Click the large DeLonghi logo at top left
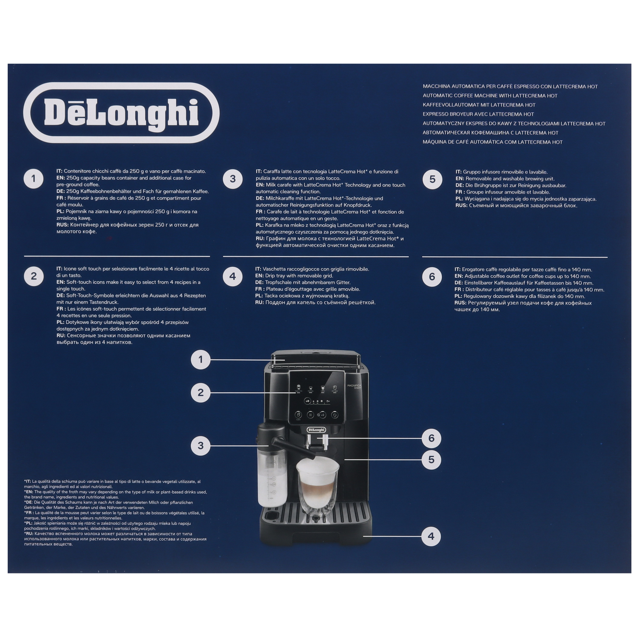pos(121,113)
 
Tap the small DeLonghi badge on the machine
pos(316,430)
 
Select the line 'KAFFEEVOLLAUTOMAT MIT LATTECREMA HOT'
pos(479,105)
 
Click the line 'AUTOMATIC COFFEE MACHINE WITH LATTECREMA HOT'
pos(490,96)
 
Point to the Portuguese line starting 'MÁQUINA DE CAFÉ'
pos(492,142)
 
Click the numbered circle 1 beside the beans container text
pos(34,179)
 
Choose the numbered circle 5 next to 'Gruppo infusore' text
pos(432,179)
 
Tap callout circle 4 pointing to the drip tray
pos(431,536)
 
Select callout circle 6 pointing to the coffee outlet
pos(431,438)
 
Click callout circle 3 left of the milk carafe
pos(200,445)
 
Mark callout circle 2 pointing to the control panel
pos(200,393)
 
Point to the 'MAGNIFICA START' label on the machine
pos(354,386)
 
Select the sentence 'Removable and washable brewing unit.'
pos(510,179)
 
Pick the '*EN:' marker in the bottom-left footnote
pos(29,492)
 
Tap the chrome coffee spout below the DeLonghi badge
pos(316,441)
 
